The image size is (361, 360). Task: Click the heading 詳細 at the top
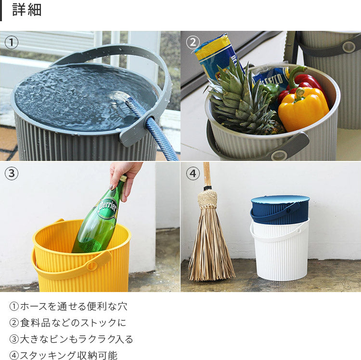[26, 10]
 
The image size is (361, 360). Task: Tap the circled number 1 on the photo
[11, 42]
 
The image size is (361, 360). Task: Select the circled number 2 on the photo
[193, 42]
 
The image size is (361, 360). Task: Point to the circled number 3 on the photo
[11, 173]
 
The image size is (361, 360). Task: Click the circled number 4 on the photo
[193, 173]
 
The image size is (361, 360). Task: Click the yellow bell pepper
[303, 108]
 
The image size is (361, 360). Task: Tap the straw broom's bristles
[211, 242]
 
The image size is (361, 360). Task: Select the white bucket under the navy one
[280, 251]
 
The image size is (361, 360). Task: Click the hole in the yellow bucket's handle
[92, 266]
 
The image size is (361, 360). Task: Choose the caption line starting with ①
[68, 307]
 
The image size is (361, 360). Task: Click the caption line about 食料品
[68, 323]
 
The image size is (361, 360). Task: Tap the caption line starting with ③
[71, 339]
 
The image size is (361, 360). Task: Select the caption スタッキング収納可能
[68, 355]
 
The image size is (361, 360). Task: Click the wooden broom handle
[206, 174]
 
